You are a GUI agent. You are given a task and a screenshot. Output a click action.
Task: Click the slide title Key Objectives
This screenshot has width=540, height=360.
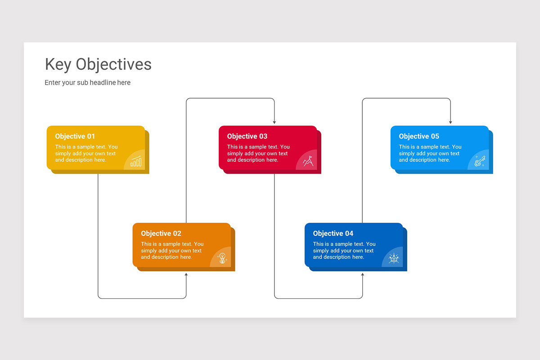click(98, 64)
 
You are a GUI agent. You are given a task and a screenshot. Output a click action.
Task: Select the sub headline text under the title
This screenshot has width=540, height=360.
click(87, 82)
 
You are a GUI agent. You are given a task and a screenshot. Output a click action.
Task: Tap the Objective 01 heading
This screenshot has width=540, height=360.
click(75, 136)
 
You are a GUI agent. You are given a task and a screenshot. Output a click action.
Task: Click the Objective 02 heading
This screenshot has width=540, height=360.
click(161, 234)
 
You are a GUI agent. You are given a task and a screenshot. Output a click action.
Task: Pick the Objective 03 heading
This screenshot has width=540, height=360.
click(247, 136)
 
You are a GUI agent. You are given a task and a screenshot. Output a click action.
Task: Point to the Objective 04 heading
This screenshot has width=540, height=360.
click(333, 234)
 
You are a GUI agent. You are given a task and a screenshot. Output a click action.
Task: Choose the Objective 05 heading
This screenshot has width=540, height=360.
click(419, 136)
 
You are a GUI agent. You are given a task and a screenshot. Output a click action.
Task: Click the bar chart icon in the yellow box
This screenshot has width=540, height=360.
click(136, 162)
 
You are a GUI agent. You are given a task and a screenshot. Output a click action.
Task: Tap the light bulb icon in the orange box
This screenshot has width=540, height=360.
click(222, 258)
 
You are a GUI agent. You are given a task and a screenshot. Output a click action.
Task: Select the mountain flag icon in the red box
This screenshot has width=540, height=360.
click(308, 161)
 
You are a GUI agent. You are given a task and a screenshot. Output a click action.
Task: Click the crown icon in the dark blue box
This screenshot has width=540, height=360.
click(394, 258)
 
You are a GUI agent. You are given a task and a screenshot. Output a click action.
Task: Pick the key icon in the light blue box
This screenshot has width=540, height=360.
click(480, 161)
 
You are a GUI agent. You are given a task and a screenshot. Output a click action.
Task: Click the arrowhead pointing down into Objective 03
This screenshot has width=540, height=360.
click(274, 122)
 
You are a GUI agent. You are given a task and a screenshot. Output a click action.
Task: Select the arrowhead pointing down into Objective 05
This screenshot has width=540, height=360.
click(450, 122)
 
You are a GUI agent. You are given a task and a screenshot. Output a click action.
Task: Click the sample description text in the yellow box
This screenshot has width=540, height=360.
click(86, 153)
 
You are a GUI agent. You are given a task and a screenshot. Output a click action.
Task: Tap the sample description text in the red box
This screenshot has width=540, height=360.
click(258, 153)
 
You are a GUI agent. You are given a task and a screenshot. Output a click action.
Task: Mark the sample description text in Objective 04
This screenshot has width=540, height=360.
click(344, 251)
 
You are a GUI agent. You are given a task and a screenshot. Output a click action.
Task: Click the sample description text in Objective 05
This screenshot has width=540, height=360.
click(430, 153)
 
